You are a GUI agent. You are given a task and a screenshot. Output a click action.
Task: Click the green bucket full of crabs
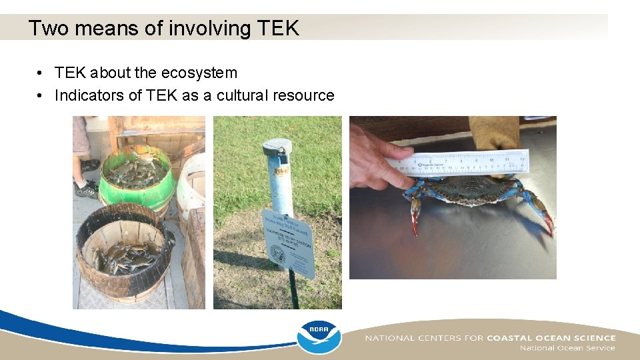click(x=136, y=175)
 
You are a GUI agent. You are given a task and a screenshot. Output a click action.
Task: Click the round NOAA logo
click(x=318, y=337)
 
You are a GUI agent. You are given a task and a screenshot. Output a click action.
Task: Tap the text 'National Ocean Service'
click(x=567, y=348)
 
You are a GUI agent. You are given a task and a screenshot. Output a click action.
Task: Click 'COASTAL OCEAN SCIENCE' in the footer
click(x=551, y=337)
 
